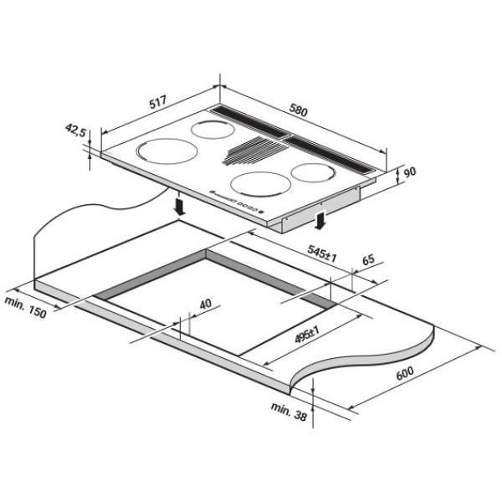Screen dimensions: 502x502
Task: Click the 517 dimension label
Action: [158, 102]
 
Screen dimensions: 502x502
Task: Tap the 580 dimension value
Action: [298, 110]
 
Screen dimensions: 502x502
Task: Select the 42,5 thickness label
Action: [76, 131]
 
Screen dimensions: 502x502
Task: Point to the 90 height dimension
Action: [409, 172]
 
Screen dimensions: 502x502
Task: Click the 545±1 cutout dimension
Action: [322, 254]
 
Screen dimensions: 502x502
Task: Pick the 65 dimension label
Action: [368, 259]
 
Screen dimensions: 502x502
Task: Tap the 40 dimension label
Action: [205, 304]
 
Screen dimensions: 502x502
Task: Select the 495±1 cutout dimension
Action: [307, 335]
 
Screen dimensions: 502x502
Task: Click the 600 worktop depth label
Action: [405, 373]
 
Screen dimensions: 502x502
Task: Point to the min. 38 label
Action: [289, 412]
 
